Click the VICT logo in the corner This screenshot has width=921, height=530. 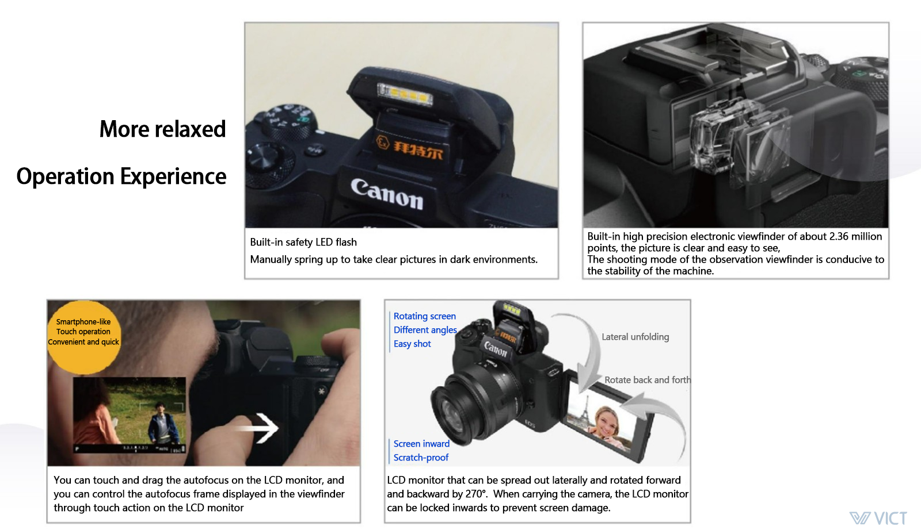pyautogui.click(x=878, y=518)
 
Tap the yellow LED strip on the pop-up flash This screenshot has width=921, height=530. pyautogui.click(x=405, y=94)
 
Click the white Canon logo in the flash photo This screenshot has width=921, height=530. pyautogui.click(x=387, y=194)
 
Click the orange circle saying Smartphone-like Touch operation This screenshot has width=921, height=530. pyautogui.click(x=83, y=337)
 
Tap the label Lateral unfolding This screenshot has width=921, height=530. pyautogui.click(x=635, y=337)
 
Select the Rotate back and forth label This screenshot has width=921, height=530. pyautogui.click(x=648, y=380)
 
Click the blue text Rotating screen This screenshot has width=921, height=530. pyautogui.click(x=425, y=316)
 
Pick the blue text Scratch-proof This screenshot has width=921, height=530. pyautogui.click(x=421, y=458)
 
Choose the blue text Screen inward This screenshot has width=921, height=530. pyautogui.click(x=421, y=443)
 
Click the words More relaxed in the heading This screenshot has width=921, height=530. pyautogui.click(x=162, y=129)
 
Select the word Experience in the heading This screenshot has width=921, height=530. pyautogui.click(x=173, y=176)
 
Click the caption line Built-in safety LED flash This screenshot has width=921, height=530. pyautogui.click(x=303, y=242)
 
